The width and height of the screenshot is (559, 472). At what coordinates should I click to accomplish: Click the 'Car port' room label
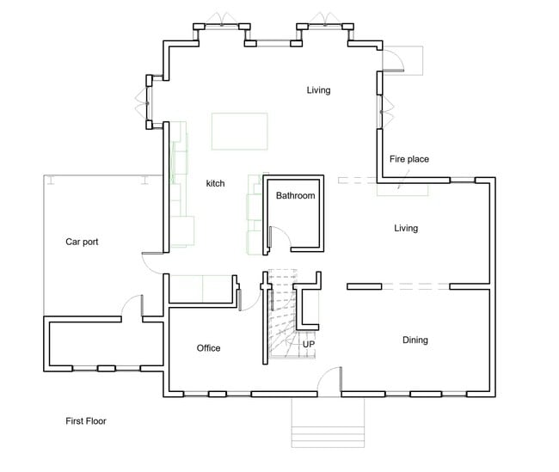(82, 242)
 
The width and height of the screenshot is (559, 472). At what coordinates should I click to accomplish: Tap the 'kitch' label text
(215, 184)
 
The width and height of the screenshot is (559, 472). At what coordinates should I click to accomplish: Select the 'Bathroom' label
(295, 196)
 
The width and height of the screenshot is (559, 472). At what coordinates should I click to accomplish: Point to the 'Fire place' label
(408, 159)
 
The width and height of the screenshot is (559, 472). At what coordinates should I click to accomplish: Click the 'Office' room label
(208, 348)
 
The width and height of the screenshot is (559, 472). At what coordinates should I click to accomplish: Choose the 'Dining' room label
(415, 340)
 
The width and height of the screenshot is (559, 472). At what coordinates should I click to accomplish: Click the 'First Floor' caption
(86, 421)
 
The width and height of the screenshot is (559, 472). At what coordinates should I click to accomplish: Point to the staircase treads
(282, 318)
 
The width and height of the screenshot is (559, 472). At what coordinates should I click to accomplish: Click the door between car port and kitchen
(152, 262)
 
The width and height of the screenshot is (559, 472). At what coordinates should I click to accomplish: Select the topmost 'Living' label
(318, 90)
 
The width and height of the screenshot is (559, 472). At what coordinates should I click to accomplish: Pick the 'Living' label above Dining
(405, 229)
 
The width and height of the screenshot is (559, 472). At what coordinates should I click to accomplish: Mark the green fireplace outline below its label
(402, 188)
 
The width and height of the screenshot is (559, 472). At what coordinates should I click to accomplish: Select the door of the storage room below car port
(131, 305)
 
